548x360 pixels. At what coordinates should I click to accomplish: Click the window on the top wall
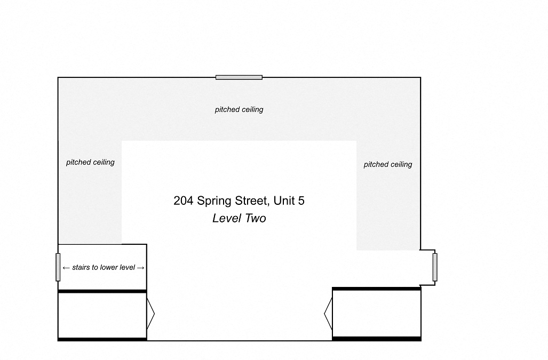(x=239, y=77)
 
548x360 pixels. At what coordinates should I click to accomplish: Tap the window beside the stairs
(x=58, y=267)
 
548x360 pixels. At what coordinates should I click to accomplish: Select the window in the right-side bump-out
(x=435, y=267)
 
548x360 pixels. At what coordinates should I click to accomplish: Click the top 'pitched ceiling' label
(x=239, y=110)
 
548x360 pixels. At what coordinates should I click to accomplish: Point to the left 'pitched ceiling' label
(x=90, y=162)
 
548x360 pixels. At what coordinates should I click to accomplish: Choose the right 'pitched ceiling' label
(x=387, y=164)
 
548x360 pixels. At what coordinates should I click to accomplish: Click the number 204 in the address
(x=183, y=201)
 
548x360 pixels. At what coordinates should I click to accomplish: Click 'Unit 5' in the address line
(x=289, y=201)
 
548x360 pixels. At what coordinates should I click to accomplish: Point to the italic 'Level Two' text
(x=239, y=218)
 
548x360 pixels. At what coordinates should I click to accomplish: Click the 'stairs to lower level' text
(x=104, y=268)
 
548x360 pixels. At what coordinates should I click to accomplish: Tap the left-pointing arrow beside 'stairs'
(x=66, y=268)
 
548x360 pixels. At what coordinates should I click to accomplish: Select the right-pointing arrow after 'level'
(x=140, y=268)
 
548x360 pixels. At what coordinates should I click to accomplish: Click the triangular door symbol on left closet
(x=150, y=314)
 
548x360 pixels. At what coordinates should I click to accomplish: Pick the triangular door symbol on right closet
(x=328, y=314)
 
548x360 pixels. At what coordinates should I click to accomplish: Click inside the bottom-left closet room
(x=102, y=315)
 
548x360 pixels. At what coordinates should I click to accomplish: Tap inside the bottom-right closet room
(x=376, y=313)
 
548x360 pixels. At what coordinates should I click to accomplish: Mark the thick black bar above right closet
(x=376, y=289)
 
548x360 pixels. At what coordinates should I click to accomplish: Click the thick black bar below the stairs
(x=102, y=291)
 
